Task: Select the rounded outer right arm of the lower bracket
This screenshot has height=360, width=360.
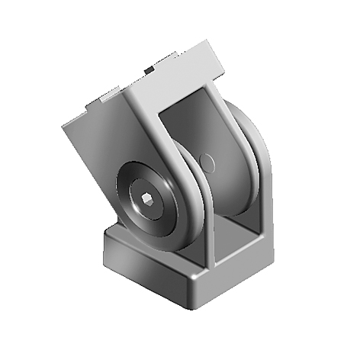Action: click(x=259, y=175)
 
